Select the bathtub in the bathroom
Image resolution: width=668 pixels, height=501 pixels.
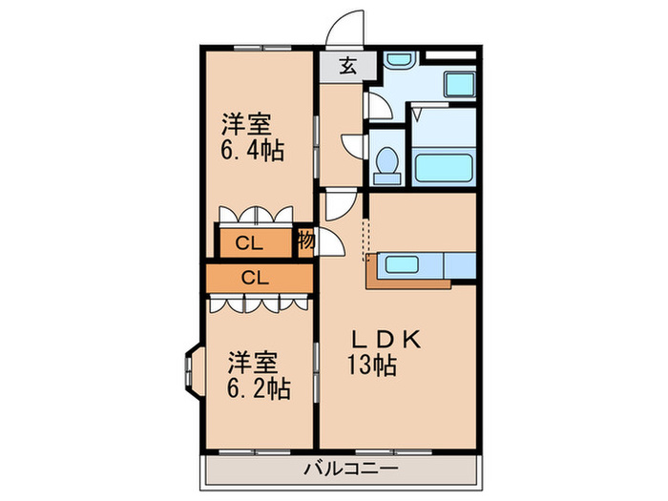[445, 168]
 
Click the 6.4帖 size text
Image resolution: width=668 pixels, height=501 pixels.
[253, 151]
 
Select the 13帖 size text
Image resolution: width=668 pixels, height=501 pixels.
[370, 364]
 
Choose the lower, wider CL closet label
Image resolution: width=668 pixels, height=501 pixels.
[254, 278]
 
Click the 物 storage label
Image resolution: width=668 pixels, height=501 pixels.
[305, 241]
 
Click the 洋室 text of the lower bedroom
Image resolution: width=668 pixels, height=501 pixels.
[252, 363]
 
